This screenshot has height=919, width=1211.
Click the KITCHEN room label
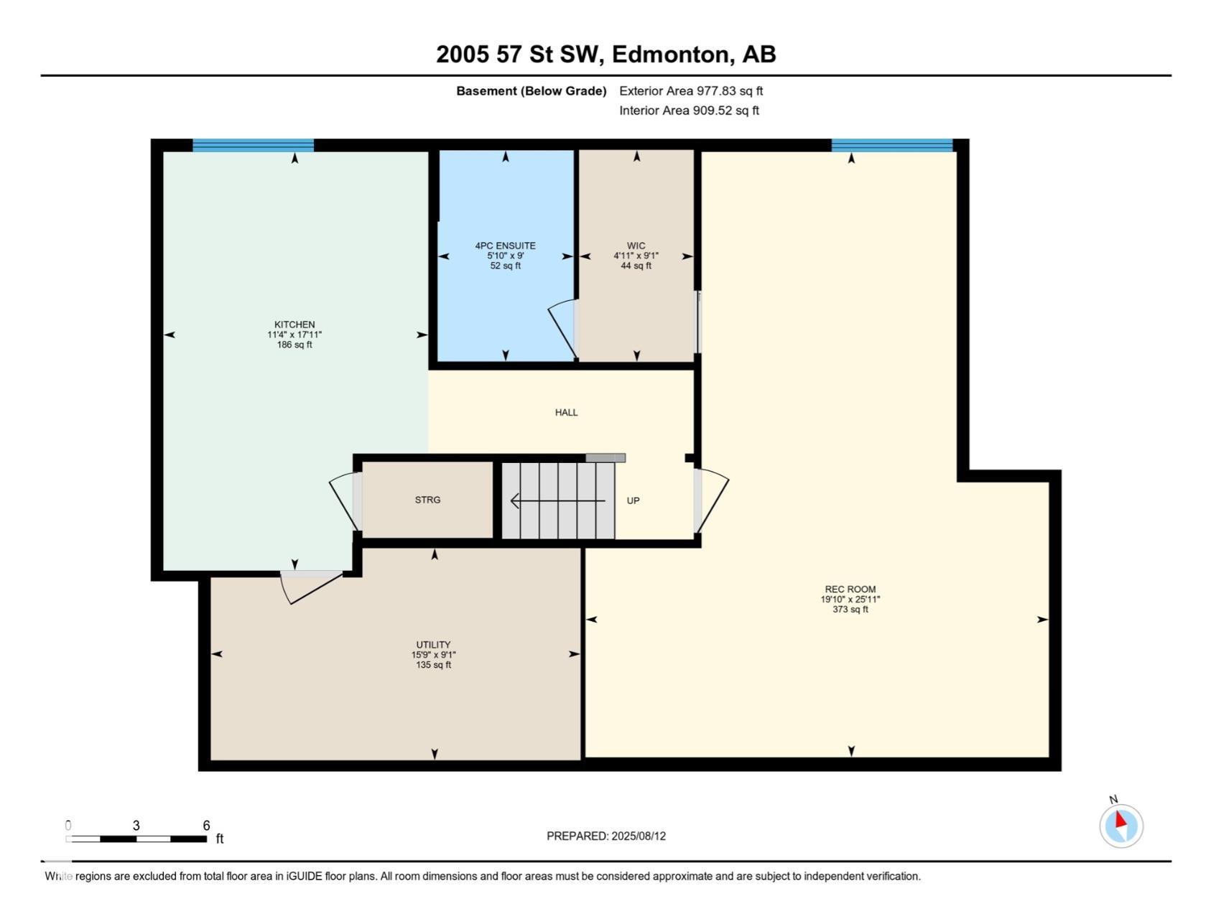click(294, 325)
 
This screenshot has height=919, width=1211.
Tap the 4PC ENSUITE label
click(505, 246)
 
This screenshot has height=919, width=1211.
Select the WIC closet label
click(636, 246)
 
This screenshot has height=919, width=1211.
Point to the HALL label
click(566, 412)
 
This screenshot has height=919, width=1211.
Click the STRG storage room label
click(427, 500)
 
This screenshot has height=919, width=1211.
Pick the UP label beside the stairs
click(633, 500)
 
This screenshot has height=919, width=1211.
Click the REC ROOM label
click(850, 589)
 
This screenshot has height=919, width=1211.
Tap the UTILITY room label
click(433, 645)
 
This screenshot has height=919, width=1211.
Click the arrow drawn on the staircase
click(557, 500)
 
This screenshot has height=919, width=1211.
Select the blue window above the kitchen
click(253, 145)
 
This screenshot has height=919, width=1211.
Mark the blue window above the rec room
click(892, 145)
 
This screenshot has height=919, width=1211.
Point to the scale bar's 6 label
click(206, 826)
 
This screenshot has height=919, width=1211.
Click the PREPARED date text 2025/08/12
click(639, 836)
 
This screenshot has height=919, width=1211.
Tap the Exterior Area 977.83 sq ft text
click(691, 91)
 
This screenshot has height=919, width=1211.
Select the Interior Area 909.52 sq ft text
click(690, 111)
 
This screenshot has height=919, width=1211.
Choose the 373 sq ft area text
click(850, 610)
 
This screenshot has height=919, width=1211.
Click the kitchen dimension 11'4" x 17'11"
click(294, 335)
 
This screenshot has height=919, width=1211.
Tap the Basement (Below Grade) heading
click(532, 91)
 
